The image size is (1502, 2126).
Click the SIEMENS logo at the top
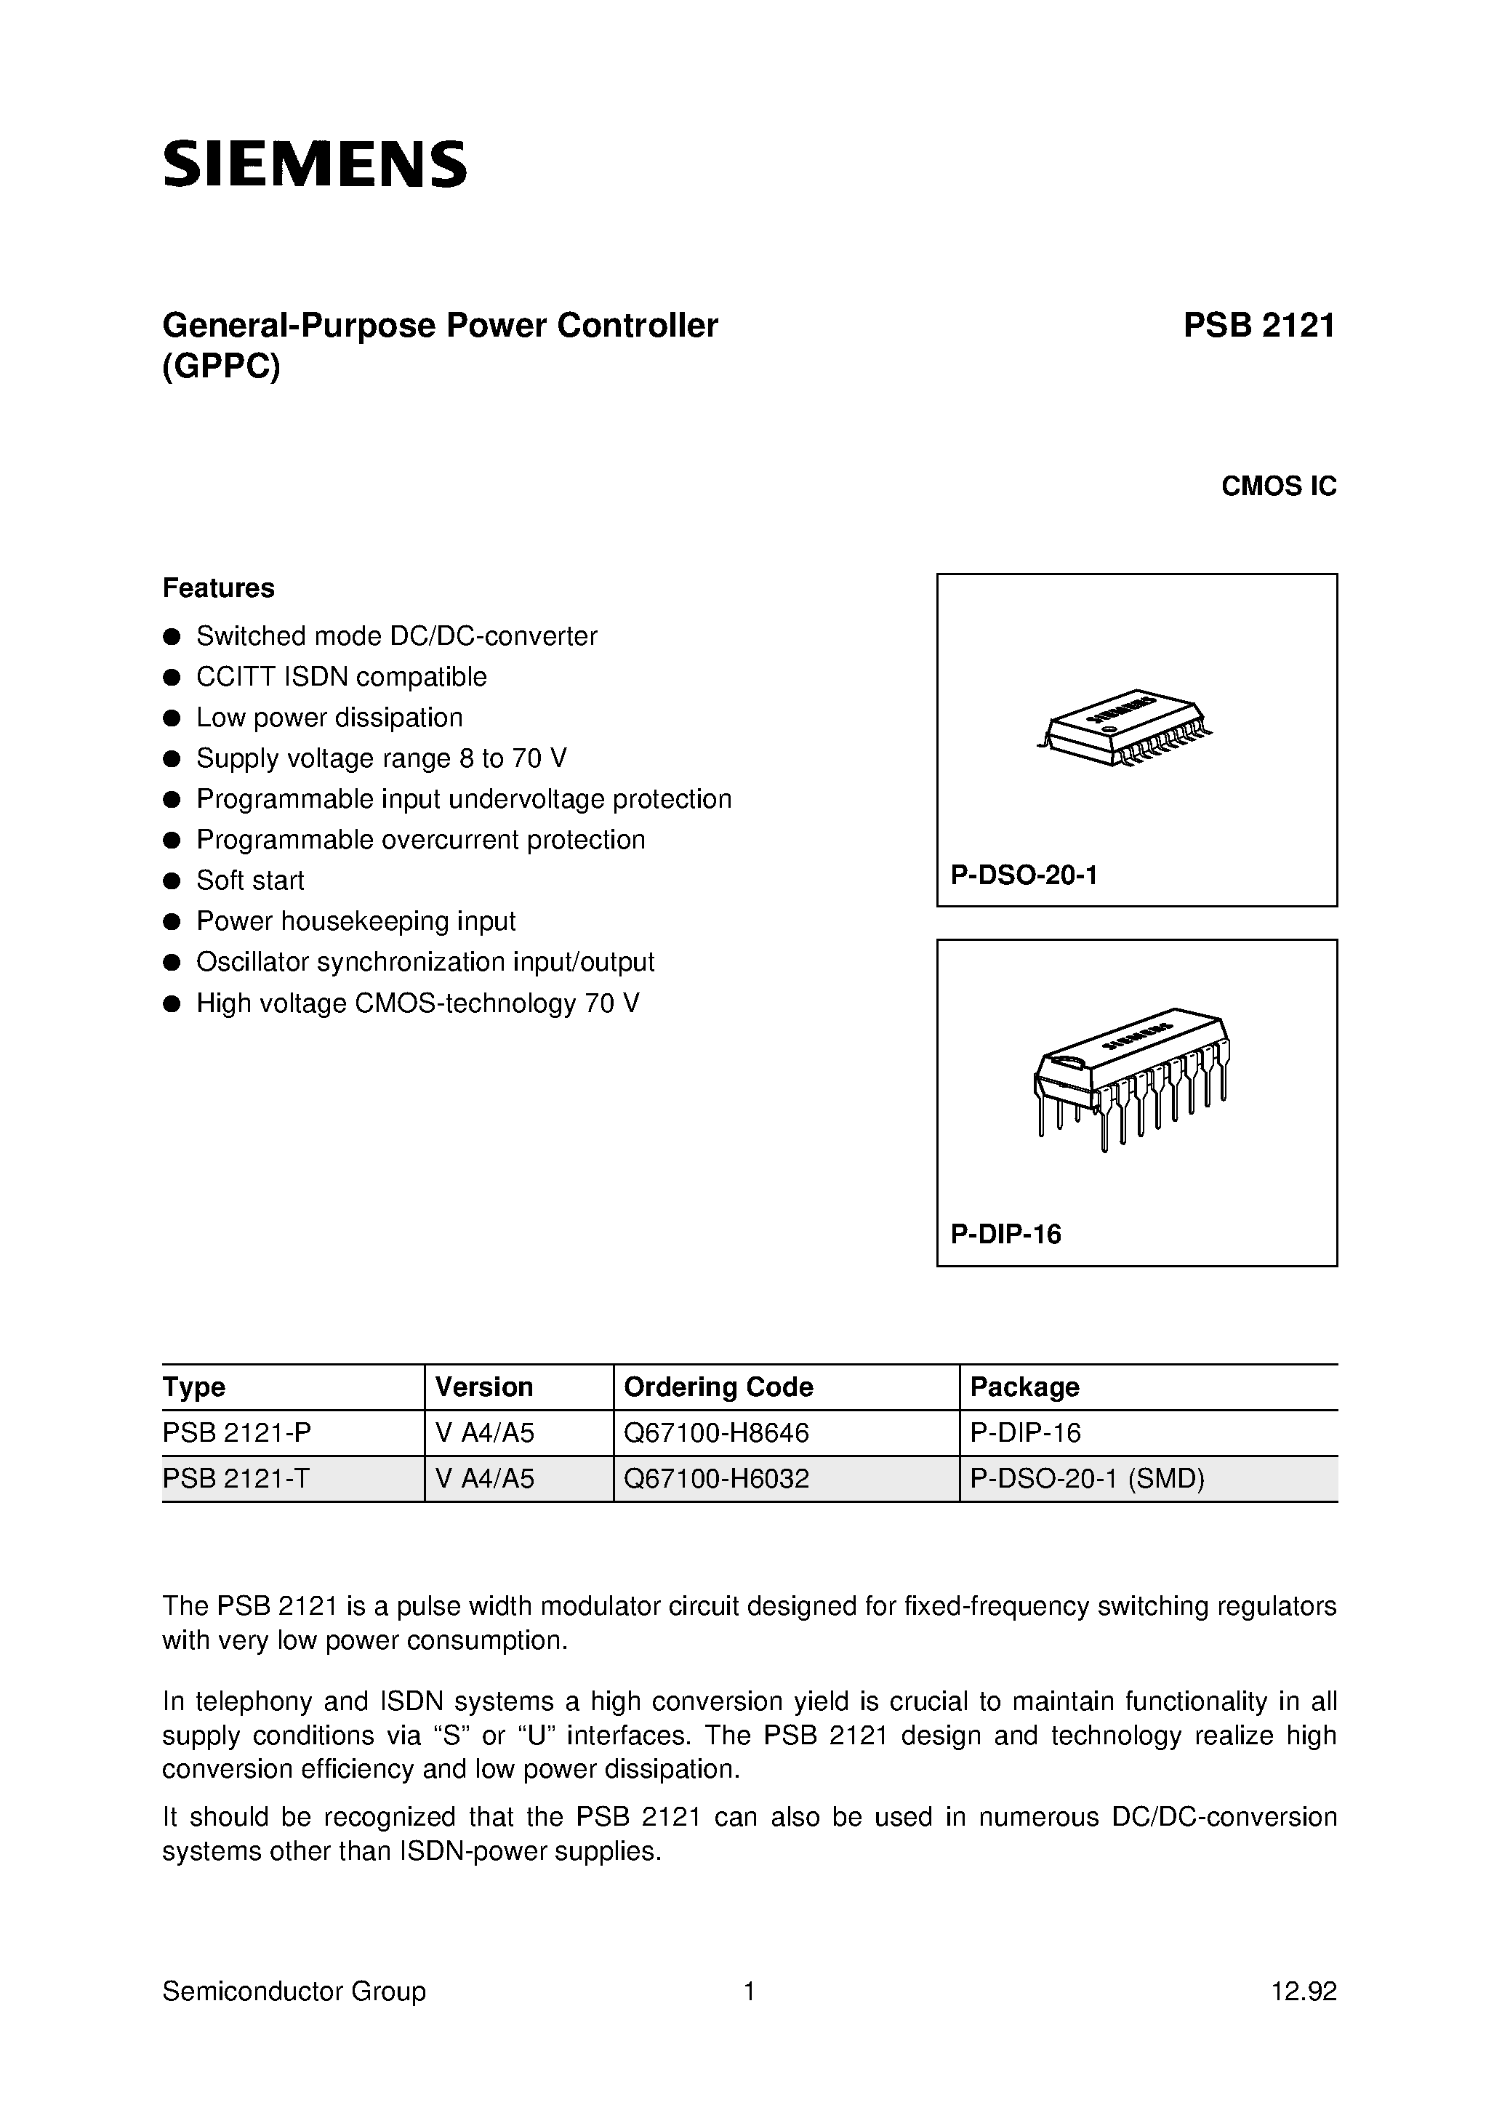[x=315, y=166]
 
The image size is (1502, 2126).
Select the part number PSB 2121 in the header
[x=1258, y=326]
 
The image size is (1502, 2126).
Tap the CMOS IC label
[x=1278, y=486]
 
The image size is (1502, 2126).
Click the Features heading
[x=219, y=588]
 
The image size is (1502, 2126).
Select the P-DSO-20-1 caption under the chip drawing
[x=1023, y=874]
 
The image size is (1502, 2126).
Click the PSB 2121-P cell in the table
[x=237, y=1432]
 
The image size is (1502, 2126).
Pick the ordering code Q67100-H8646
[x=717, y=1432]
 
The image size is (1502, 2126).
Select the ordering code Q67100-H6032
[x=717, y=1479]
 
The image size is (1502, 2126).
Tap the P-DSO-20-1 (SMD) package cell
[x=1087, y=1479]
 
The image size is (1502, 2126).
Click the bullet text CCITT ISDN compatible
[x=341, y=677]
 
